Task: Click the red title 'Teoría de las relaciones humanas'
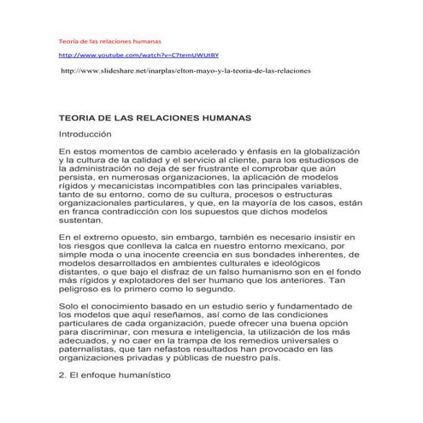(109, 40)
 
